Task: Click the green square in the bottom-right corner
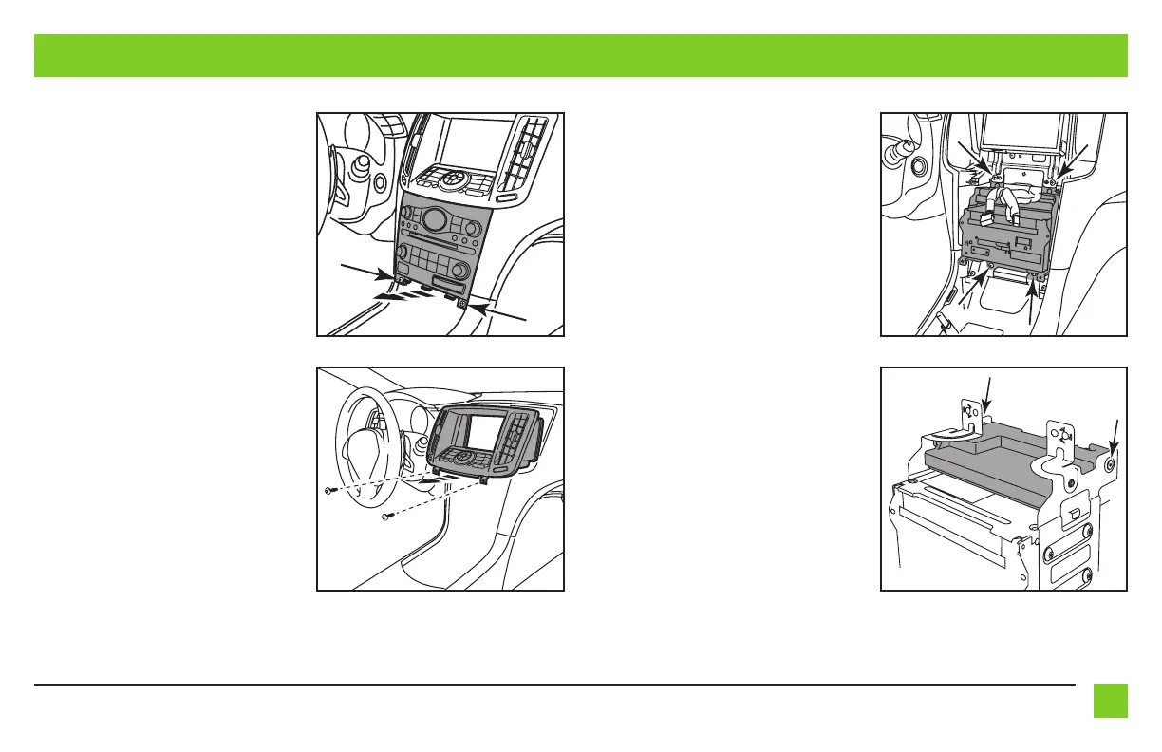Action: (1110, 701)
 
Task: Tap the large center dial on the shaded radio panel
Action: (436, 221)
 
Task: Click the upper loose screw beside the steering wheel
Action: (329, 491)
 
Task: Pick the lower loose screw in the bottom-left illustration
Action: (387, 517)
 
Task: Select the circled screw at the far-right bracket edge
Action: (1110, 465)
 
